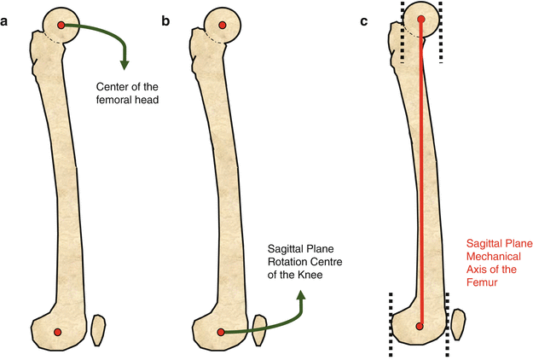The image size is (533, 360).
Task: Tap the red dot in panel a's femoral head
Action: (60, 26)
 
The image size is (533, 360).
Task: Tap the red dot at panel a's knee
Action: (58, 331)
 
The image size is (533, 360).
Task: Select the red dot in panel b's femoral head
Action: (222, 26)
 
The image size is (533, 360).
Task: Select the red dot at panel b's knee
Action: (220, 331)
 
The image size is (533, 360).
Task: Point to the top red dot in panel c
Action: (420, 20)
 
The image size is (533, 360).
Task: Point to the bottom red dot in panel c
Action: (420, 325)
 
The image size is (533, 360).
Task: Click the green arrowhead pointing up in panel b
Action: (300, 295)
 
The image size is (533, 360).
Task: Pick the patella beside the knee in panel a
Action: (98, 329)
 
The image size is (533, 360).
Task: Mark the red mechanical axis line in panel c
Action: (420, 171)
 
